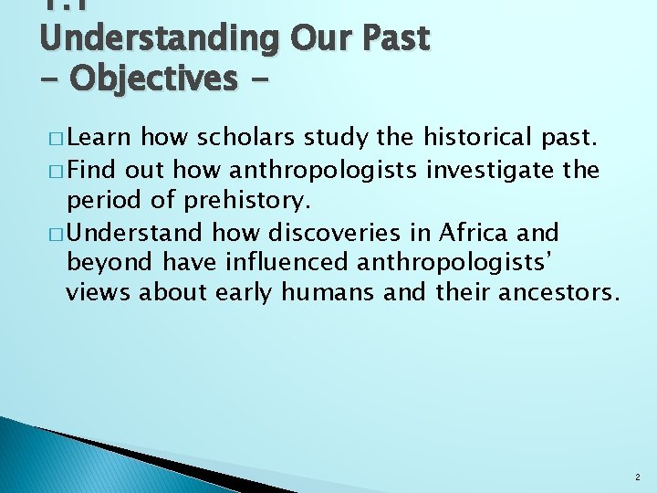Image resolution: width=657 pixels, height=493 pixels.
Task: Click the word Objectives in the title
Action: click(x=151, y=79)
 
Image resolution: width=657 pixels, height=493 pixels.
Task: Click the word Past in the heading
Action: click(x=393, y=38)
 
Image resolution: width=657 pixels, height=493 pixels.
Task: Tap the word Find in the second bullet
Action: click(x=92, y=170)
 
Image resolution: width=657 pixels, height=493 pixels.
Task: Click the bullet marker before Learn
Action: click(x=57, y=141)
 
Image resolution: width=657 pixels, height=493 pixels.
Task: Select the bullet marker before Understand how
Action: click(x=57, y=234)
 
